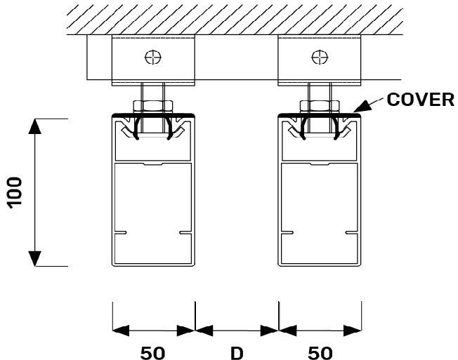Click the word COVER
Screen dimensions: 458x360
(x=421, y=99)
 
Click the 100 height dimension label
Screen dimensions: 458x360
(x=15, y=192)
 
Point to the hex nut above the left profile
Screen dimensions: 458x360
(x=152, y=106)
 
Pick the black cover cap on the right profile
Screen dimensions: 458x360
(x=320, y=114)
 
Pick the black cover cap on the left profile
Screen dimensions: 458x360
(x=152, y=114)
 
